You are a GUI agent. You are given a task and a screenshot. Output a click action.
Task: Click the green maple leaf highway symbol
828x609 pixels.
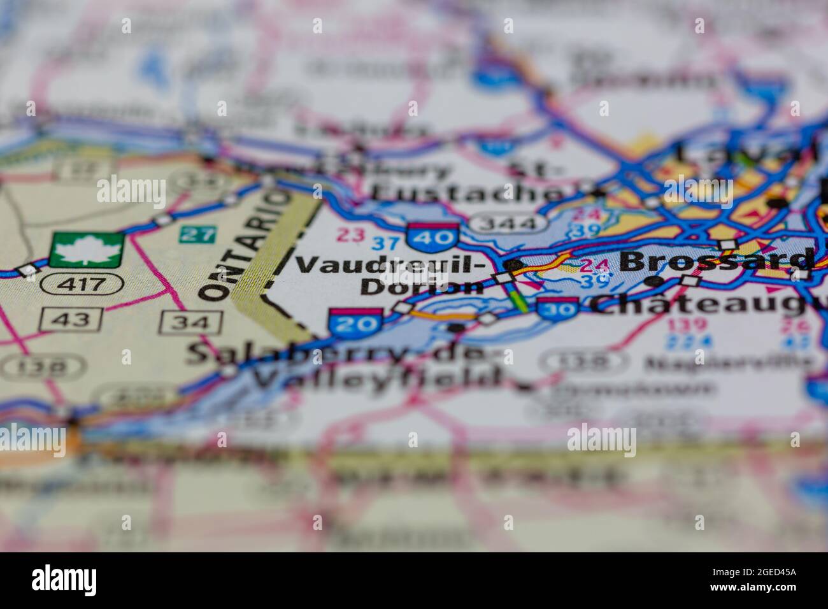pyautogui.click(x=86, y=250)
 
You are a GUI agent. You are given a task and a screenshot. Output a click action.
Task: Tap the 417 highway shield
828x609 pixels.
pyautogui.click(x=82, y=283)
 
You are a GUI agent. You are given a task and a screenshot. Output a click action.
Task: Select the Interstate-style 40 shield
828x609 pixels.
pyautogui.click(x=433, y=236)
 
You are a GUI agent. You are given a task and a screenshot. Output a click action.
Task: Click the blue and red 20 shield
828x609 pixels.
pyautogui.click(x=355, y=323)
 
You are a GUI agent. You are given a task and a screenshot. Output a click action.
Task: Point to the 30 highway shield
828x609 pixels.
pyautogui.click(x=557, y=308)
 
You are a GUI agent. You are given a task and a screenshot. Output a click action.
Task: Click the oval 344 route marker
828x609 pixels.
pyautogui.click(x=508, y=224)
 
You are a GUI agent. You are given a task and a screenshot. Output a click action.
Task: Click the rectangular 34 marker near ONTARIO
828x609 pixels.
pyautogui.click(x=191, y=322)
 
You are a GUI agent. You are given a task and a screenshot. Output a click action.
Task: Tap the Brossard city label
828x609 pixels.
pyautogui.click(x=716, y=260)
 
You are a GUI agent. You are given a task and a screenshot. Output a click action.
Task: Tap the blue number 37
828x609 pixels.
pyautogui.click(x=385, y=243)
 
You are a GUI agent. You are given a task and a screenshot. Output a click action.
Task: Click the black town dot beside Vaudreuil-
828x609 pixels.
pyautogui.click(x=515, y=264)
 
